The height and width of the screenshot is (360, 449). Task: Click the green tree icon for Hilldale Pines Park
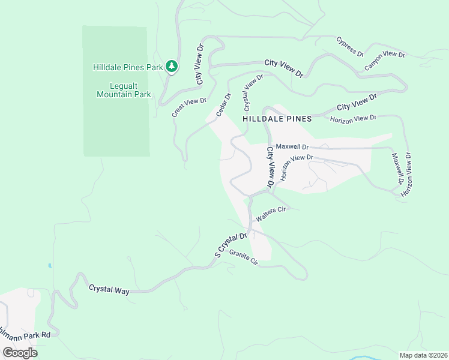click(172, 66)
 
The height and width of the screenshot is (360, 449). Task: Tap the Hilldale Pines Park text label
click(128, 68)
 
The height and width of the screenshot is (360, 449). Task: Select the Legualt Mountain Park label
click(124, 90)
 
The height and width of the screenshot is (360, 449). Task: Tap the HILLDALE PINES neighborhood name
click(277, 119)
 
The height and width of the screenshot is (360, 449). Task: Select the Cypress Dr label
click(350, 46)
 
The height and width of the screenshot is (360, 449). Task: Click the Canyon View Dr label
click(385, 59)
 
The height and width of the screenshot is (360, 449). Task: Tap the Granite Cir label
click(243, 259)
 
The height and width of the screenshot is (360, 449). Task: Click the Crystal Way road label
click(109, 289)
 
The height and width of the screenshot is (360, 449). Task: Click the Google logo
click(20, 353)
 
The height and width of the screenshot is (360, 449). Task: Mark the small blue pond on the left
click(49, 266)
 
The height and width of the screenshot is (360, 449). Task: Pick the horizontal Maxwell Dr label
click(292, 146)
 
